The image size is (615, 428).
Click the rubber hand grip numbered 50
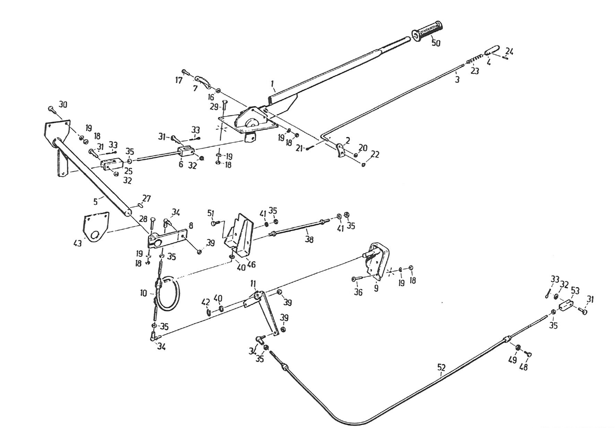(427, 30)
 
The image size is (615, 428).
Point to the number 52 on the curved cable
(441, 368)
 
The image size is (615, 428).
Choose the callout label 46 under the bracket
(251, 265)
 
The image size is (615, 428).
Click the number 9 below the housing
(376, 289)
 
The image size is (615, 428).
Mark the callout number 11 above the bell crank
(253, 284)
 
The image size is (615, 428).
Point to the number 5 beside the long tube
(95, 202)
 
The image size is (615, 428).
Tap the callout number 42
(206, 302)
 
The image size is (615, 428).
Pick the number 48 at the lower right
(524, 367)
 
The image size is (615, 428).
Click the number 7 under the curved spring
(195, 89)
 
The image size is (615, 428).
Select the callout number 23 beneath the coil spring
(474, 71)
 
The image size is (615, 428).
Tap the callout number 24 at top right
(509, 51)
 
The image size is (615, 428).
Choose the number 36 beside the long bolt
(358, 292)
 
